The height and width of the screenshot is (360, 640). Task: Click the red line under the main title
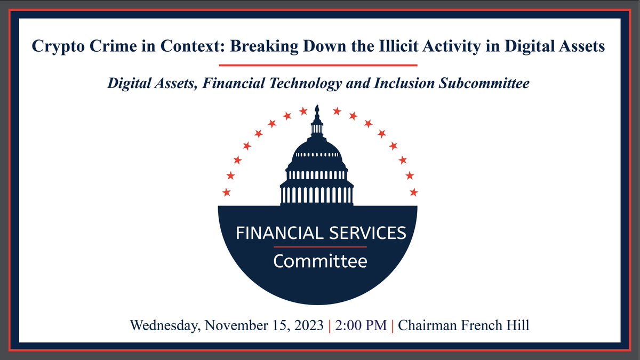[318, 65]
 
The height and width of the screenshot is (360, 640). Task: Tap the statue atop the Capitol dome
[317, 110]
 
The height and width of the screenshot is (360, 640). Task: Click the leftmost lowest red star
[227, 192]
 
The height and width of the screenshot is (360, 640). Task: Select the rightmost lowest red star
[414, 192]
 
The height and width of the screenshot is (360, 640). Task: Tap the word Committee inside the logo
[320, 261]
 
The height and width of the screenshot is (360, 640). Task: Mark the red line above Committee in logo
[320, 247]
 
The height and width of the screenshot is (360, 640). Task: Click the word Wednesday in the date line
[163, 325]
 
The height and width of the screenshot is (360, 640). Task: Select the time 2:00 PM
[361, 325]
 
